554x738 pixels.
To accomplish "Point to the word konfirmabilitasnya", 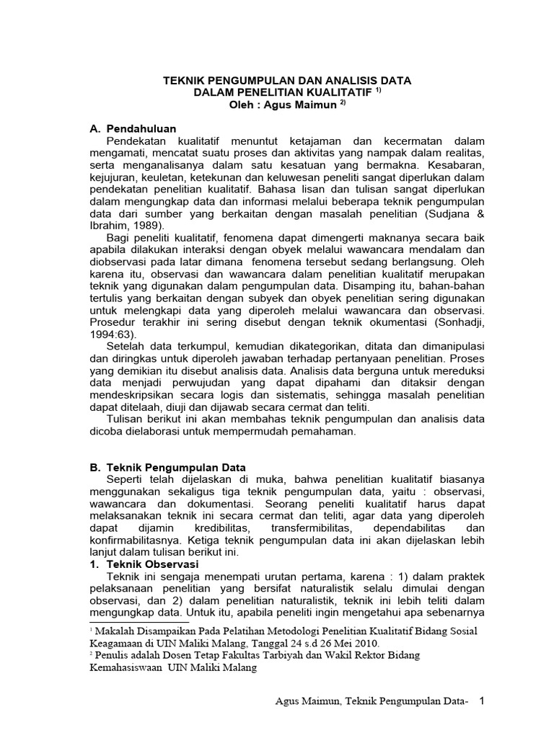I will coord(139,540).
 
